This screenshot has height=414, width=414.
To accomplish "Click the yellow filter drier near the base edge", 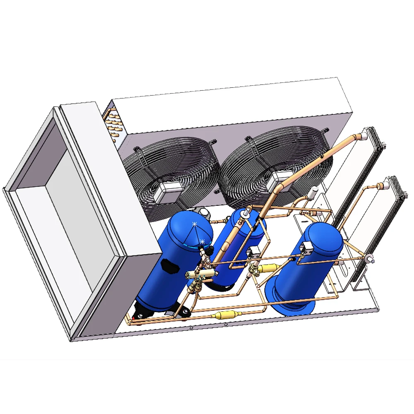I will coord(219,316).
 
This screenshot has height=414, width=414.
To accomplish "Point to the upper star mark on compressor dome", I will coord(195,224).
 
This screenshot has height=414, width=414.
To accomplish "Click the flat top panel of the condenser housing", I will coord(232,106).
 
